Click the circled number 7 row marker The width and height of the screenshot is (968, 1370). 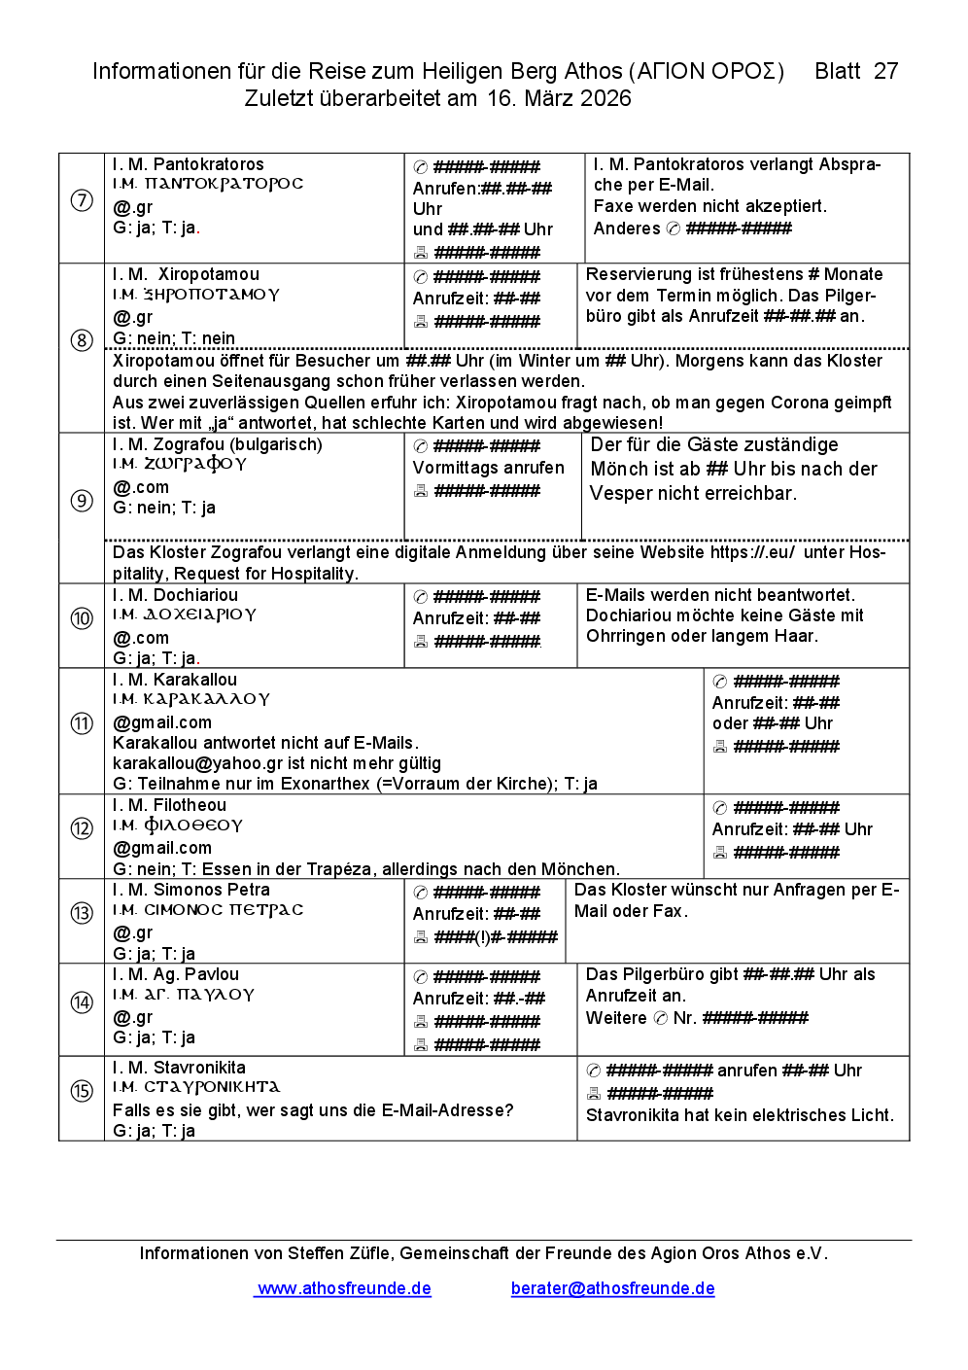tap(82, 201)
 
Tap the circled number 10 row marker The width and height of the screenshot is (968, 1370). tap(82, 618)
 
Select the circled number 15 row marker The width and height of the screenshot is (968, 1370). tap(82, 1091)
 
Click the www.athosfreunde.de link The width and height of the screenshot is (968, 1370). tap(344, 1288)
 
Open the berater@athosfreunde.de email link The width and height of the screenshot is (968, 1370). tap(612, 1288)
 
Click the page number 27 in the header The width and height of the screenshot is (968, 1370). tap(885, 71)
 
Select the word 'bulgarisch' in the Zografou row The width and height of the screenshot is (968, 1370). tap(275, 444)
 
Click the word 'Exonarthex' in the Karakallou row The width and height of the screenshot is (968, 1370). tap(321, 784)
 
